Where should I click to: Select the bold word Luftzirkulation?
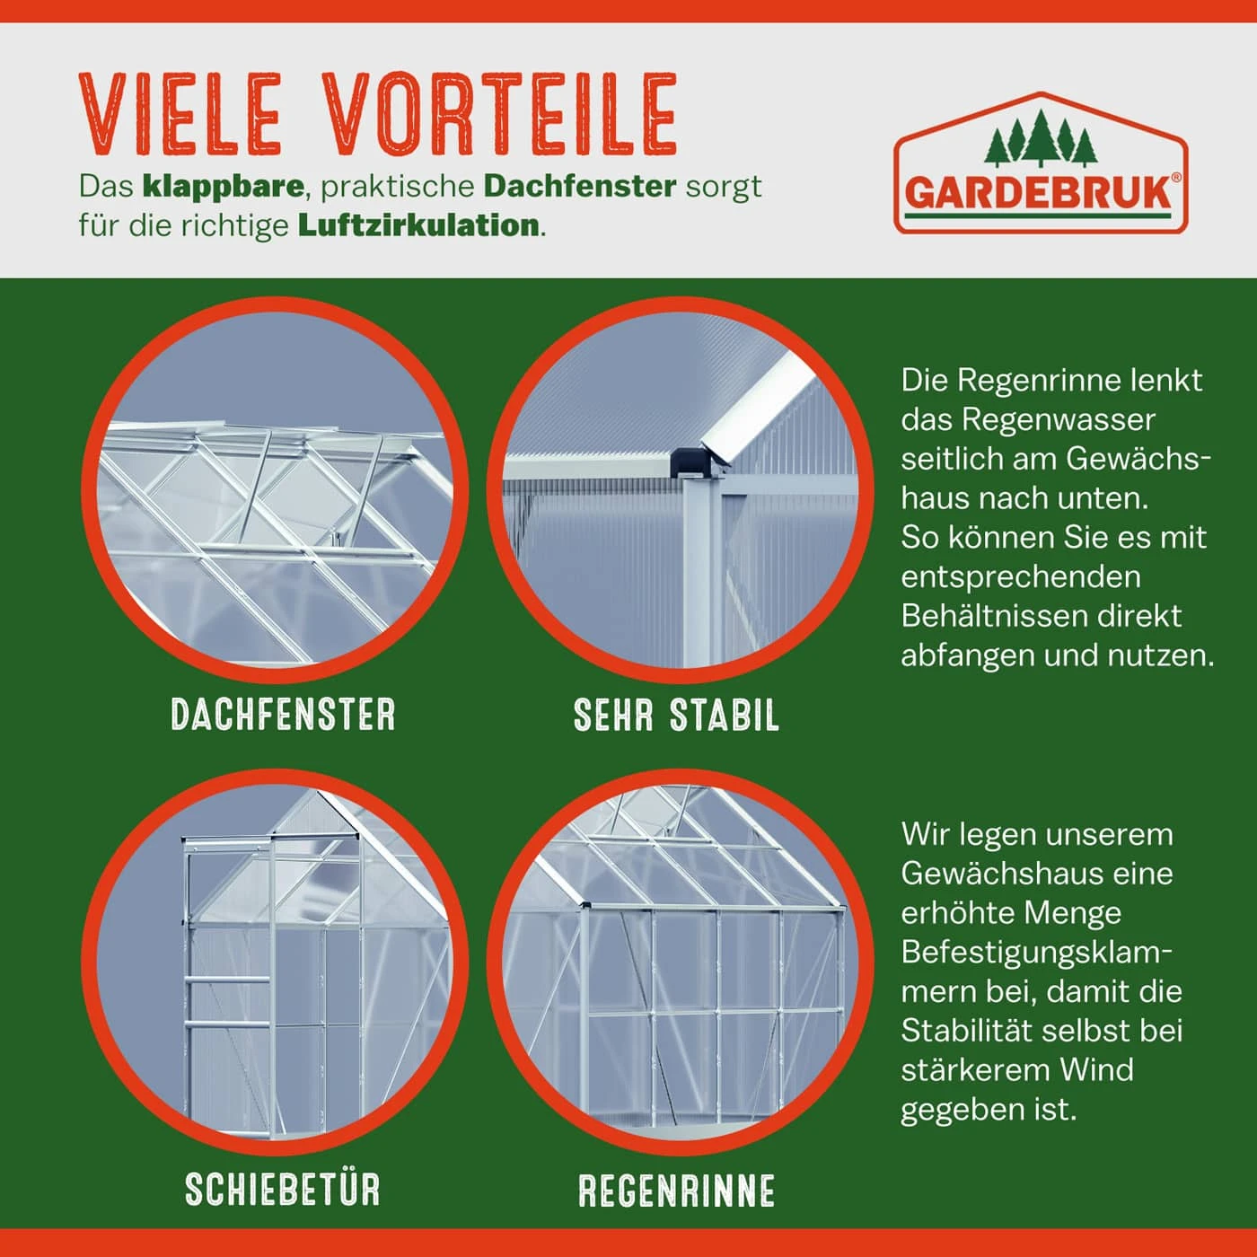(418, 225)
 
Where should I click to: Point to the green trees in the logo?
(1042, 138)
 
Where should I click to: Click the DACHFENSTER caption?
(283, 715)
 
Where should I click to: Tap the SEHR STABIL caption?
(676, 715)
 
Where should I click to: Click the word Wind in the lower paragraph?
(1096, 1070)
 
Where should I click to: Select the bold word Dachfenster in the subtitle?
(579, 187)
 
